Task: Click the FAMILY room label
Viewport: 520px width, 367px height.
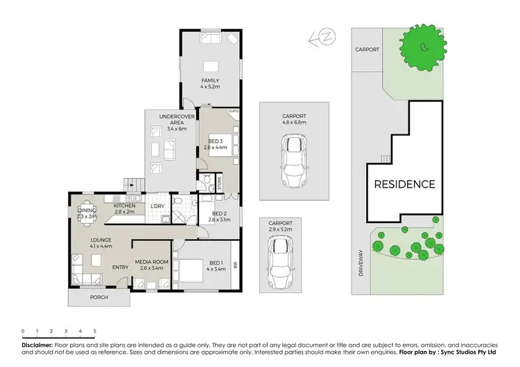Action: [210, 80]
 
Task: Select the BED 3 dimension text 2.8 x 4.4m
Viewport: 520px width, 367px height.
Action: [216, 147]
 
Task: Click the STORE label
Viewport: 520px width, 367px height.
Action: [219, 183]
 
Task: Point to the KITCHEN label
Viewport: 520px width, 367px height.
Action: [125, 206]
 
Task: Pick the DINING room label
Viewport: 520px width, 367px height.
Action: [87, 211]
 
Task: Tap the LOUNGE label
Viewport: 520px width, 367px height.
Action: [101, 240]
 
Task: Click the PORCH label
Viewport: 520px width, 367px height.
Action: [98, 298]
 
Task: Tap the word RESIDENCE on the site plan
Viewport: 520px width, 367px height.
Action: [405, 184]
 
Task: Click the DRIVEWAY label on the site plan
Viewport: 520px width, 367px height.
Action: [361, 263]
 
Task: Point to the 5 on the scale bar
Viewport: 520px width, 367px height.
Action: [94, 331]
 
